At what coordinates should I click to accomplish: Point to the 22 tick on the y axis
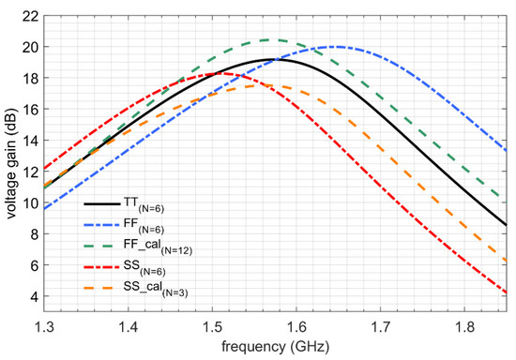29,15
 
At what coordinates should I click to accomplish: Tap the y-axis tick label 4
32,296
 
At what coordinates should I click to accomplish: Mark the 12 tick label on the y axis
29,172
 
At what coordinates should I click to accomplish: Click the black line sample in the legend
103,202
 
